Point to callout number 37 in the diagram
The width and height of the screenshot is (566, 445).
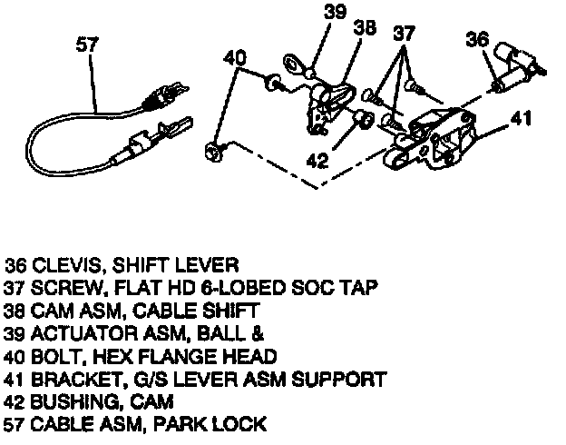[x=405, y=33]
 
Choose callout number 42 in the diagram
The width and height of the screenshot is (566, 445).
[x=317, y=161]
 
